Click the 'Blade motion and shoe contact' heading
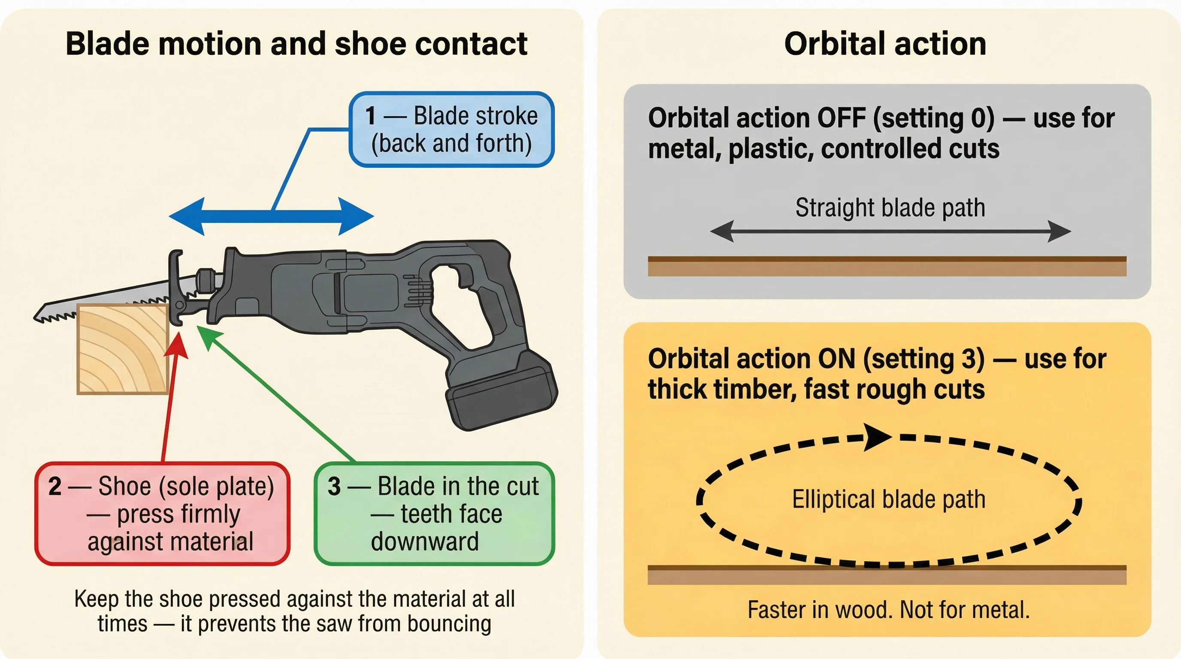[x=296, y=44]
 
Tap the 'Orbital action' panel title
[x=885, y=44]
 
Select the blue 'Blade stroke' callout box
[x=451, y=129]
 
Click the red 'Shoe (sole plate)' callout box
[x=162, y=513]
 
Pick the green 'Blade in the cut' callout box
[x=434, y=513]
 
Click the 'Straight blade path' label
[x=890, y=208]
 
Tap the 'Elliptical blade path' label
[x=888, y=499]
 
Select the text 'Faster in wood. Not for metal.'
[x=888, y=610]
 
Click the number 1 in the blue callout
[x=370, y=116]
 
